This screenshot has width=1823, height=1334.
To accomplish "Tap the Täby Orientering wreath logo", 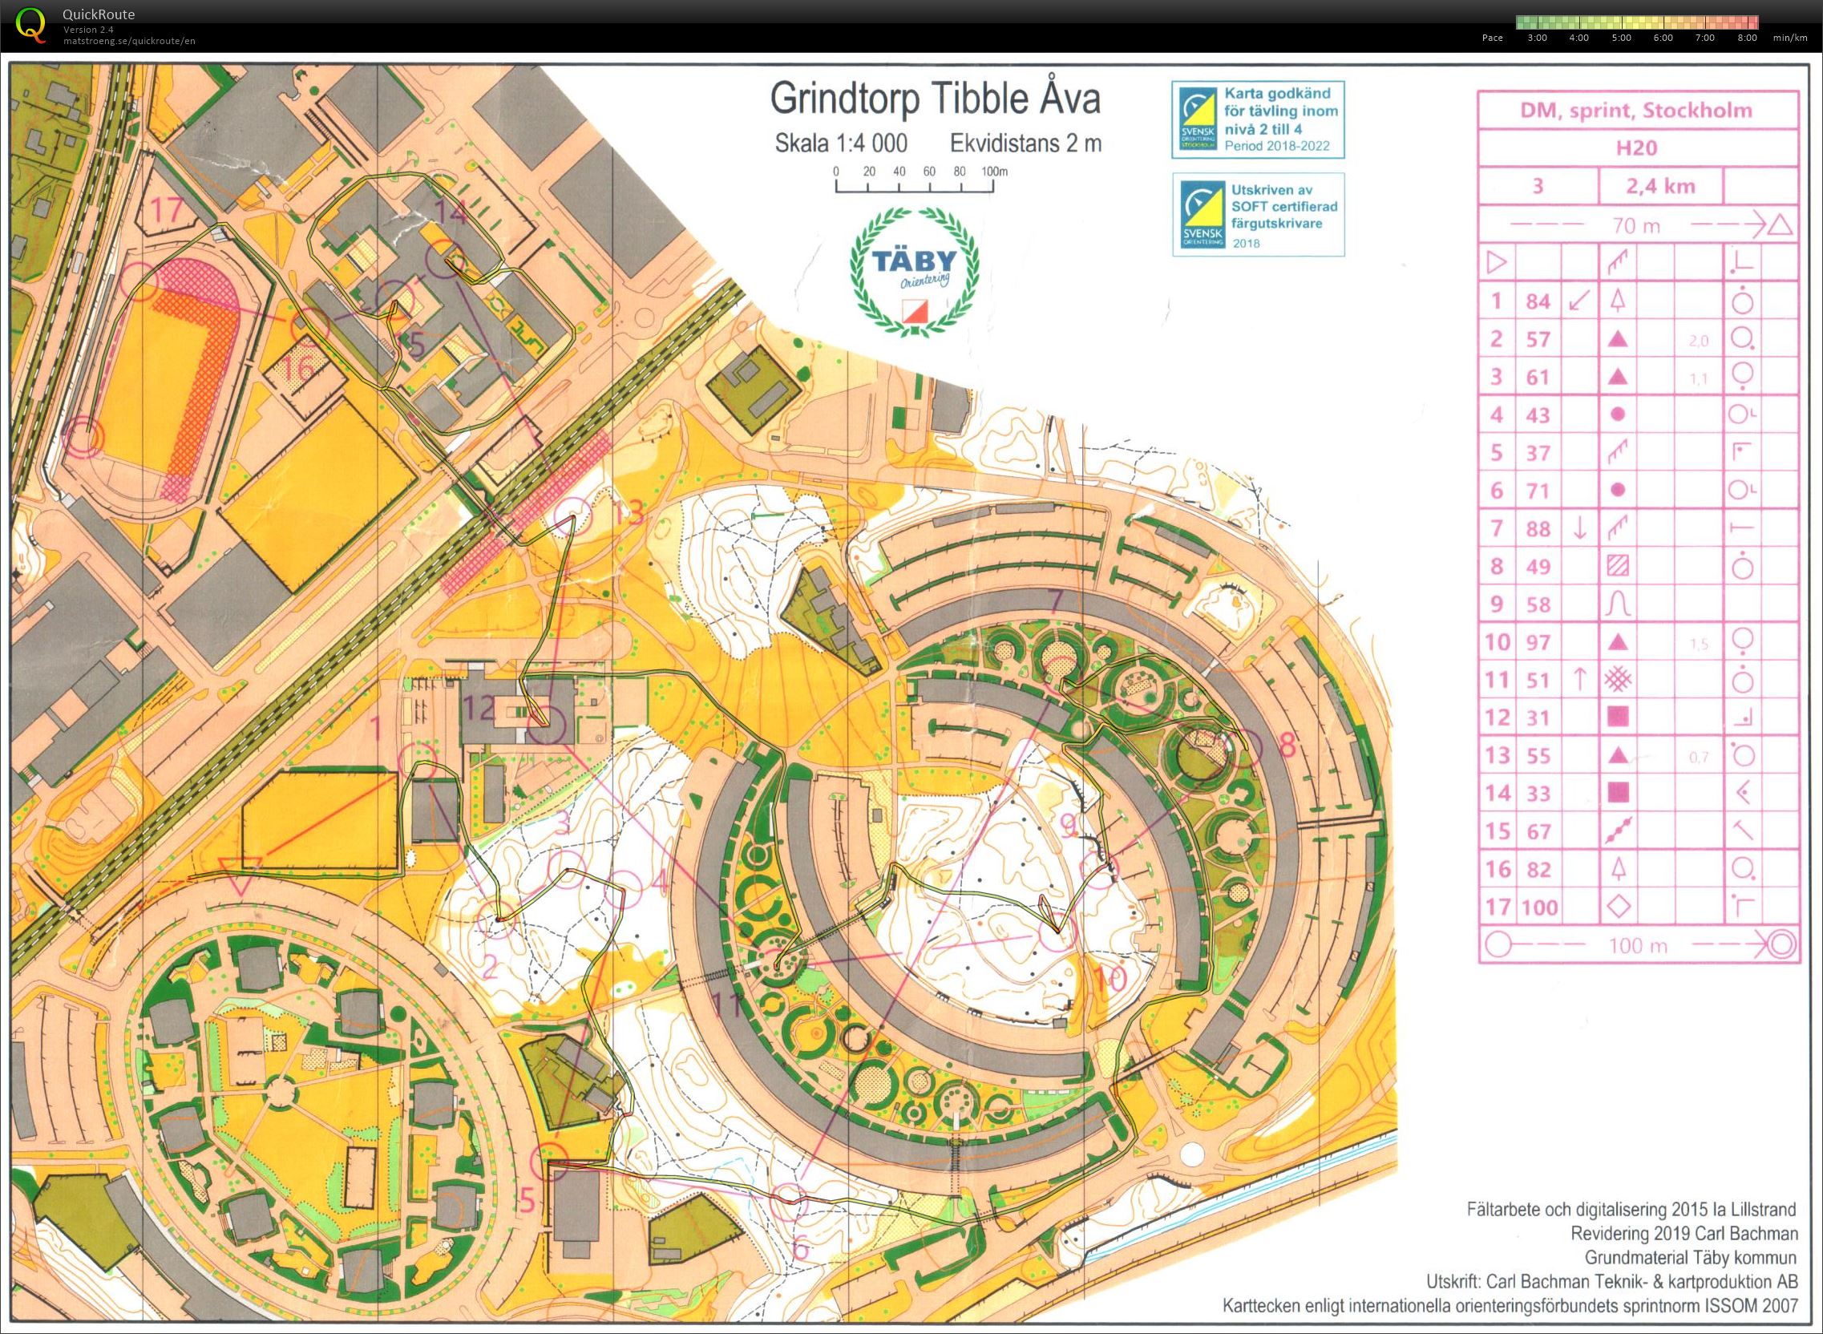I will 914,270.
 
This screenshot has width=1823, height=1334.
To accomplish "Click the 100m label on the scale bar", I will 994,172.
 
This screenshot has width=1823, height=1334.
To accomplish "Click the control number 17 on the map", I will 168,211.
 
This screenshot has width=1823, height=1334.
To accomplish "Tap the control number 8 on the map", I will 1287,744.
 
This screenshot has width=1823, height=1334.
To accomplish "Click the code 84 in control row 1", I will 1537,301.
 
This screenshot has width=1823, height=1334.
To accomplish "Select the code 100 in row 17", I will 1539,908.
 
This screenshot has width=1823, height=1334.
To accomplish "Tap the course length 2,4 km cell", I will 1660,187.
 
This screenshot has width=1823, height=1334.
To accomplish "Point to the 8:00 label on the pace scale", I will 1746,38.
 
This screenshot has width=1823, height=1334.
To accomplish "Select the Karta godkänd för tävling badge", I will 1258,119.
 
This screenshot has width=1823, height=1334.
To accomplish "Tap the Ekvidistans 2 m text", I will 1025,144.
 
